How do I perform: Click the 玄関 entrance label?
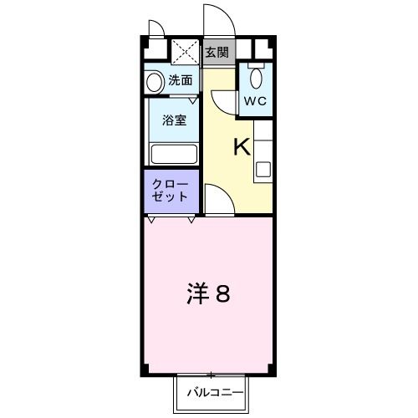[216, 53]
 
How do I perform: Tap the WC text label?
[254, 101]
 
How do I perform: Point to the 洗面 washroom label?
[181, 81]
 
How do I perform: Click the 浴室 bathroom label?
[174, 120]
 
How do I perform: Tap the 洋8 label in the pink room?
[209, 293]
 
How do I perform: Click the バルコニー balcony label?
[214, 390]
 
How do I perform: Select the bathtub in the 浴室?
[173, 155]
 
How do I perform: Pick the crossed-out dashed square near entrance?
[186, 52]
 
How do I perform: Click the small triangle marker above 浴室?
[192, 100]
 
